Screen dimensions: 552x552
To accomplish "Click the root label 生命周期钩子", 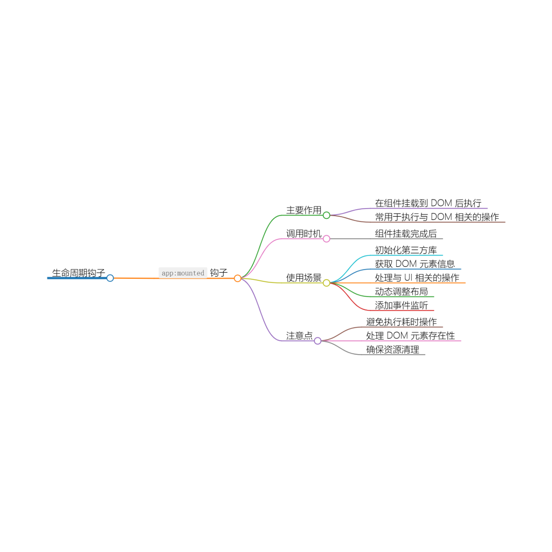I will click(x=79, y=273).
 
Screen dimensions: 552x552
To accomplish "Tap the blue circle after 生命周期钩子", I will click(x=110, y=278).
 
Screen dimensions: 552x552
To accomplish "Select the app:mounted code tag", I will click(x=183, y=273).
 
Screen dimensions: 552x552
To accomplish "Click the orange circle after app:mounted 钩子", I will click(x=237, y=278).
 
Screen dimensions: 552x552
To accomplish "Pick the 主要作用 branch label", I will click(x=303, y=210).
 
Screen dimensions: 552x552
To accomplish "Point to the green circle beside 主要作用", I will click(x=326, y=215).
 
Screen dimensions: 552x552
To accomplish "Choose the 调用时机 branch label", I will click(x=303, y=233).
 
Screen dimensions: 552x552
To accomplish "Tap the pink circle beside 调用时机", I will click(x=326, y=239).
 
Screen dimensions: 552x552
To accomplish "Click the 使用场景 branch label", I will click(x=303, y=278).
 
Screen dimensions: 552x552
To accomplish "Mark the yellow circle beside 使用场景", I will click(x=326, y=283).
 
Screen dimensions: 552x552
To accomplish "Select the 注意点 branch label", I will click(x=299, y=335).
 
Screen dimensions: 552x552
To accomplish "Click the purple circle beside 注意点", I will click(x=318, y=341).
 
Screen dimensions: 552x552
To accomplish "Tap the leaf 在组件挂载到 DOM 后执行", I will click(x=428, y=203).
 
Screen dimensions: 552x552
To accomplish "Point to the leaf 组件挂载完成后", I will click(x=406, y=233).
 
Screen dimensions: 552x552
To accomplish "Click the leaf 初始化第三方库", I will click(x=406, y=250).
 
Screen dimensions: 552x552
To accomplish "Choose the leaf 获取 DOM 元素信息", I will click(x=415, y=264).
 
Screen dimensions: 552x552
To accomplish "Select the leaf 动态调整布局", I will click(x=402, y=292).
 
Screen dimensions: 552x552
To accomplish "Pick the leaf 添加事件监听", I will click(x=402, y=306).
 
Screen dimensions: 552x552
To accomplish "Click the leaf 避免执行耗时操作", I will click(x=402, y=322).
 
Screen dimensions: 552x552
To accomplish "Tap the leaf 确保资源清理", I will click(x=392, y=349).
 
